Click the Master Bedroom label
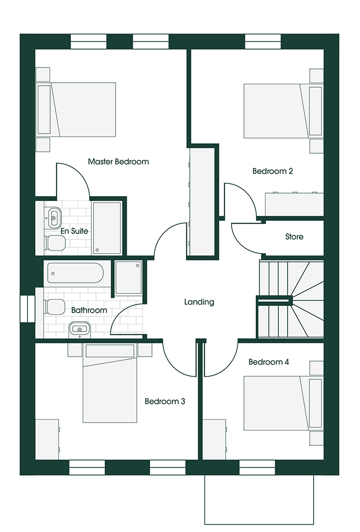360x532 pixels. (x=118, y=162)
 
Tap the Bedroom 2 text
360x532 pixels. (x=272, y=171)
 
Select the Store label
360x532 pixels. (x=294, y=236)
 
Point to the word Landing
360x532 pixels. (x=199, y=302)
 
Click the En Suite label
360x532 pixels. (x=74, y=231)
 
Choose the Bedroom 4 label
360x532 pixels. (x=269, y=362)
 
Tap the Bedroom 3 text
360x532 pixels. (x=165, y=401)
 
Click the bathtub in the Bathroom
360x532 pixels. (x=76, y=273)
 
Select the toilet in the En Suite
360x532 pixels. (x=55, y=243)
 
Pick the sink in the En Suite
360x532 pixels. (x=54, y=218)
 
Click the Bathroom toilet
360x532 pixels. (x=54, y=307)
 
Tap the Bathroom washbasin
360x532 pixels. (x=80, y=330)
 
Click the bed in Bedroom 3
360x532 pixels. (x=110, y=383)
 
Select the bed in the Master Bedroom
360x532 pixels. (x=76, y=109)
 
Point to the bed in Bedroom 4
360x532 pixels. (x=283, y=403)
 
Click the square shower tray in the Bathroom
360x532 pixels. (x=128, y=277)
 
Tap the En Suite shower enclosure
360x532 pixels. (x=107, y=228)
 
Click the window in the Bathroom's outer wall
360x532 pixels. (x=28, y=309)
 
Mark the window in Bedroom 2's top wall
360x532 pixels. (x=263, y=41)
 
